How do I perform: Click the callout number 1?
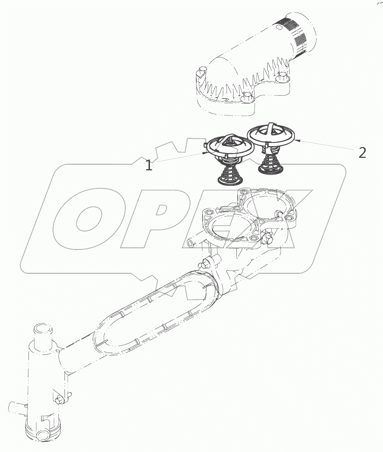tap(149, 165)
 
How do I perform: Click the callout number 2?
tap(362, 152)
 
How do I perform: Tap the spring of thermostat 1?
tap(230, 171)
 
